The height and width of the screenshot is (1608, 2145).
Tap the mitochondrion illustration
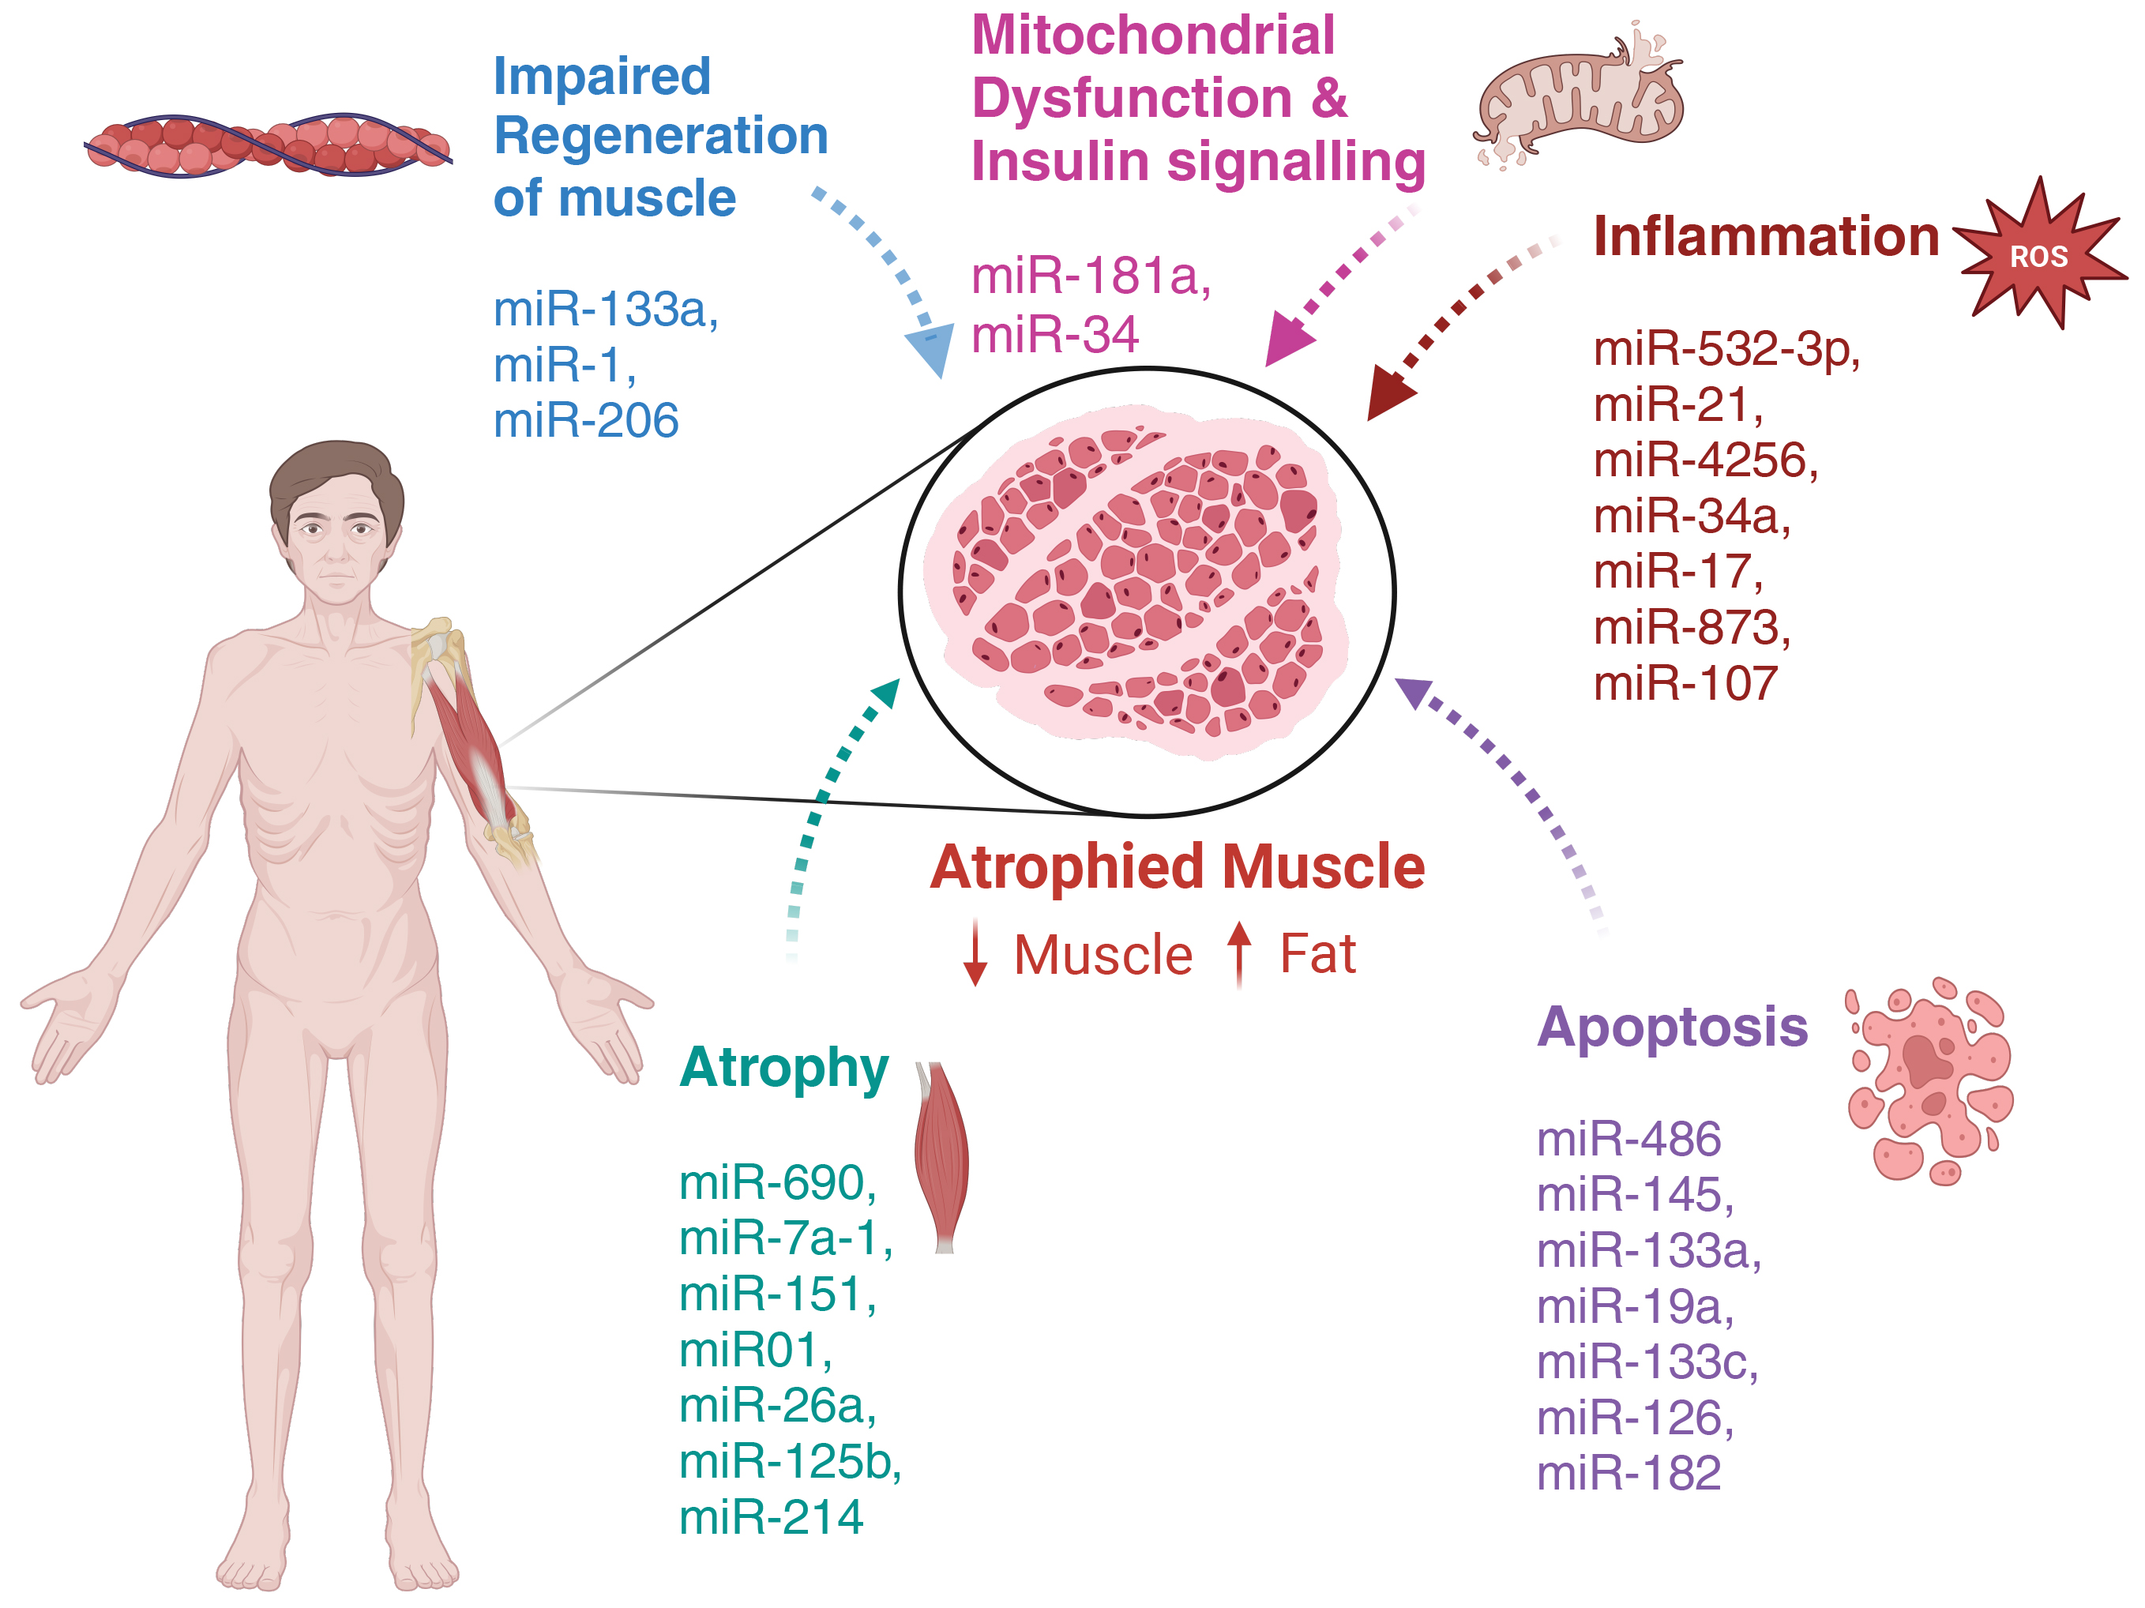click(1579, 97)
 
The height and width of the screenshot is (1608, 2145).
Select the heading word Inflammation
click(1765, 237)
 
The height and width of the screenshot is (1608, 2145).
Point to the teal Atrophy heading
click(783, 1068)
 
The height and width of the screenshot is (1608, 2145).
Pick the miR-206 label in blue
click(586, 421)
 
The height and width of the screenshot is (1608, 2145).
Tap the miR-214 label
click(770, 1517)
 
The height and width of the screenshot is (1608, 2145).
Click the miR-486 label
click(1628, 1139)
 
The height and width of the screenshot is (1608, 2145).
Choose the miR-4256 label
click(1705, 460)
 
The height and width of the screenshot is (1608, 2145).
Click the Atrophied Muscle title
click(1178, 866)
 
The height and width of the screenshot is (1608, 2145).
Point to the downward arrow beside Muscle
click(975, 956)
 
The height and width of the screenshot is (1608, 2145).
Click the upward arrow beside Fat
click(1239, 954)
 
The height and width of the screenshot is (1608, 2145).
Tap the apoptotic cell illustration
click(1929, 1080)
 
